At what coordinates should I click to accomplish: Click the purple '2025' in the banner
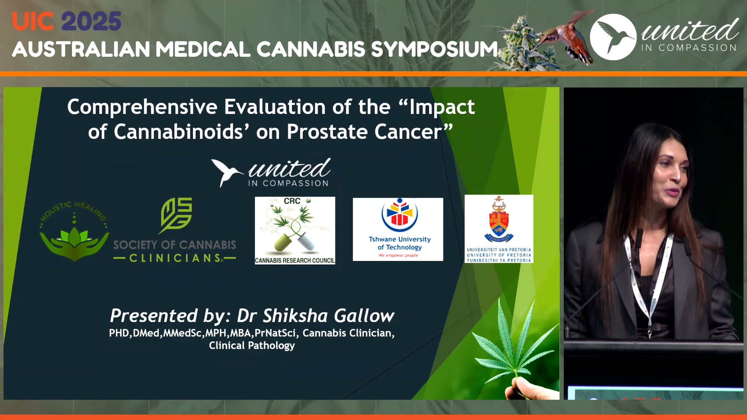tap(91, 21)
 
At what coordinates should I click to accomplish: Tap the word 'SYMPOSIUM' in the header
tap(434, 49)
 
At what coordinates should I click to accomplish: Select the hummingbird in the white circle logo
tap(613, 37)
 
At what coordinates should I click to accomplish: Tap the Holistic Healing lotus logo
tap(74, 231)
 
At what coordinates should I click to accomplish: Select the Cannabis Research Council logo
tap(295, 230)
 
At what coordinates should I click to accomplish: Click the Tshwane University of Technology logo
tap(398, 229)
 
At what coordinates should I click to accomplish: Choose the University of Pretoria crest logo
tap(499, 229)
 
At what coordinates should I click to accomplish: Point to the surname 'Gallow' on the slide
tap(364, 316)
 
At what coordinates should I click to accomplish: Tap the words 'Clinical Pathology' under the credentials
tap(252, 346)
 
